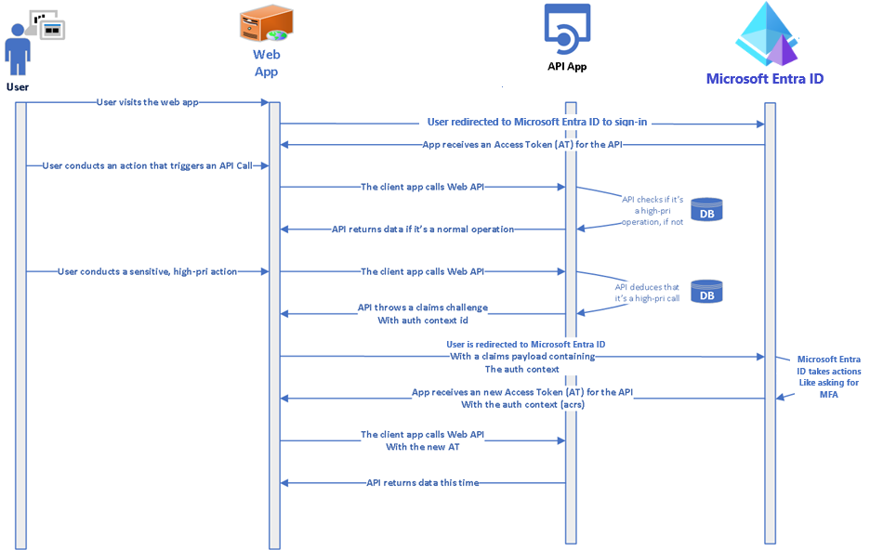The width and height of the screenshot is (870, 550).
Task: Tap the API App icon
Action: pos(567,29)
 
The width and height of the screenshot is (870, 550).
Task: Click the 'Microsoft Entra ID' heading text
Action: pos(764,79)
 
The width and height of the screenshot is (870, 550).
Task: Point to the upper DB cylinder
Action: pos(706,210)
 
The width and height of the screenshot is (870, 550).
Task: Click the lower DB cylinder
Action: pos(706,292)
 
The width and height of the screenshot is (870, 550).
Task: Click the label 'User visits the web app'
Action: pos(147,102)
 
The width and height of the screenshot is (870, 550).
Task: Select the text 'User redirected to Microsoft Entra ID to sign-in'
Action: pos(537,122)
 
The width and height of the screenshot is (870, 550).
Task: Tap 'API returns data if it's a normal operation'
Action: pos(423,229)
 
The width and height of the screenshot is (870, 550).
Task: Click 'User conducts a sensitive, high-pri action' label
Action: pos(147,271)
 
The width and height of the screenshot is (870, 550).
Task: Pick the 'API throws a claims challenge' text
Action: pos(422,308)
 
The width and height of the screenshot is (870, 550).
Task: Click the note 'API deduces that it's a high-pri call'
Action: pos(647,293)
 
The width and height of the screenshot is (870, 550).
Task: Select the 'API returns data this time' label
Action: pos(422,482)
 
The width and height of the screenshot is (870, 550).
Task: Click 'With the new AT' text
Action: pos(422,447)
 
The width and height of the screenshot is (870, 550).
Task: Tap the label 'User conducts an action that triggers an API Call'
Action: pos(147,165)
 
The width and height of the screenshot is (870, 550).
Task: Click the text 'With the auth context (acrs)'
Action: pos(522,404)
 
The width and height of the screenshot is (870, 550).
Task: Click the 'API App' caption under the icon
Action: pos(566,67)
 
